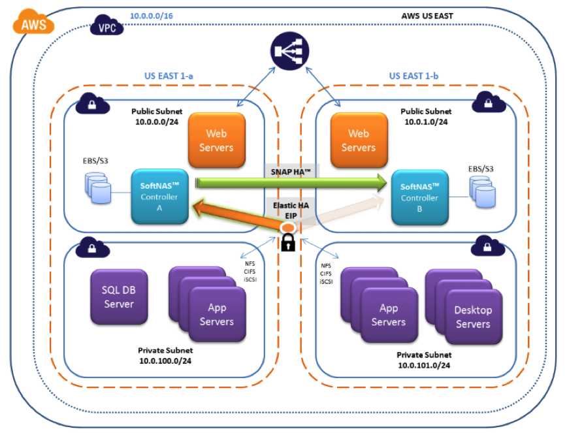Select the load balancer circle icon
pyautogui.click(x=288, y=52)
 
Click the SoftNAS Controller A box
pyautogui.click(x=159, y=197)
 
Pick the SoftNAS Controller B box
pyautogui.click(x=419, y=197)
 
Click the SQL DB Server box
pyautogui.click(x=118, y=298)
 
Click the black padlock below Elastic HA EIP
pyautogui.click(x=289, y=243)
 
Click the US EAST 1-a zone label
pyautogui.click(x=169, y=76)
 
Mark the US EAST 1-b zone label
pyautogui.click(x=413, y=76)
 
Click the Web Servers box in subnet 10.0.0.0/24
pyautogui.click(x=216, y=140)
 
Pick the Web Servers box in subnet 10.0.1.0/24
pyautogui.click(x=358, y=140)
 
